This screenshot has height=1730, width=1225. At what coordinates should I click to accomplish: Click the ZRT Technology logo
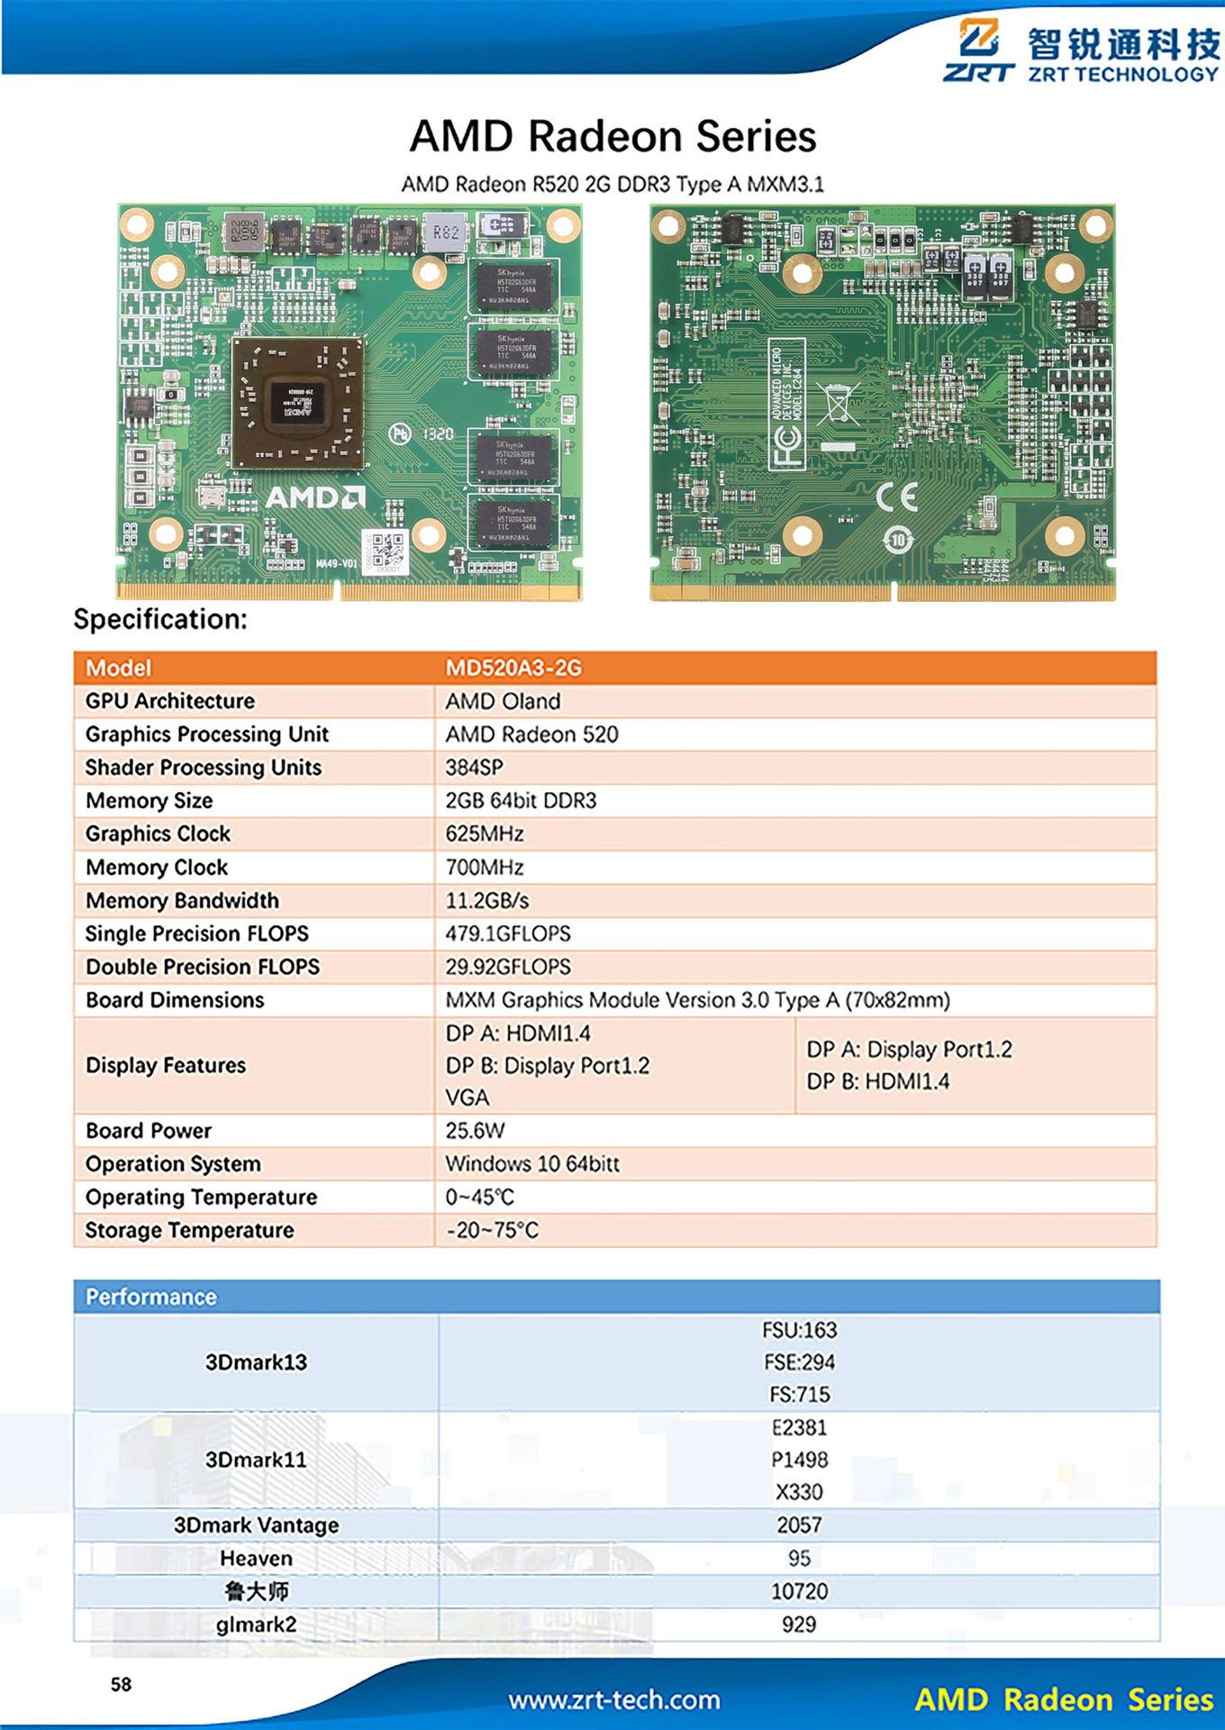coord(1081,51)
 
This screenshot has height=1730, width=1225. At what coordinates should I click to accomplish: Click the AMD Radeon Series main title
coord(612,137)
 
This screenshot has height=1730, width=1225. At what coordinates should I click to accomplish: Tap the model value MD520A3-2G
coord(513,668)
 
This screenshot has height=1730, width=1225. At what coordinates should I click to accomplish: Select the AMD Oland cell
coord(503,701)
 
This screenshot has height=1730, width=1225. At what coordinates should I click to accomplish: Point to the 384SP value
coord(474,768)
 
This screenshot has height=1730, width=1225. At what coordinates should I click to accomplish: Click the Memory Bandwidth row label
coord(182,900)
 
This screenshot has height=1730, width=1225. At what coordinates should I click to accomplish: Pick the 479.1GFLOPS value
coord(508,933)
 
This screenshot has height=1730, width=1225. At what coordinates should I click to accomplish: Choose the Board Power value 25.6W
coord(475,1131)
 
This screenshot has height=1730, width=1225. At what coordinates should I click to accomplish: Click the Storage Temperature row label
coord(189,1230)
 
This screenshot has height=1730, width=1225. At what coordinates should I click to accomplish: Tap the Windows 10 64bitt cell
coord(532,1164)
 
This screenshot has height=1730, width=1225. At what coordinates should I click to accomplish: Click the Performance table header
coord(151,1297)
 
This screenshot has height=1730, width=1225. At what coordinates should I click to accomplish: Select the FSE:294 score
coord(799,1362)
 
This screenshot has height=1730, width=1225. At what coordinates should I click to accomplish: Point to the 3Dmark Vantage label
coord(256,1525)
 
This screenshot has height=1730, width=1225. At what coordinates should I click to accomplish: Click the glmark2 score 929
coord(799,1625)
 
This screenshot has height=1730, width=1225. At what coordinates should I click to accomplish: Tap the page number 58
coord(121,1685)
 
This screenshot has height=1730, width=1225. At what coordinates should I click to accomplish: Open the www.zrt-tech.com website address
coord(613,1700)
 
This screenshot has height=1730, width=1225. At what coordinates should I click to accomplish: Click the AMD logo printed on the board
coord(314,497)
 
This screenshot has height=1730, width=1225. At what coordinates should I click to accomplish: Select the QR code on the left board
coord(386,550)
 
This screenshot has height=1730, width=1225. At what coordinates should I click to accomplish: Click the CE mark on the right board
coord(897,496)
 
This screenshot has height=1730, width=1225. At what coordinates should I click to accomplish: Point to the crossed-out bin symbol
coord(837,403)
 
